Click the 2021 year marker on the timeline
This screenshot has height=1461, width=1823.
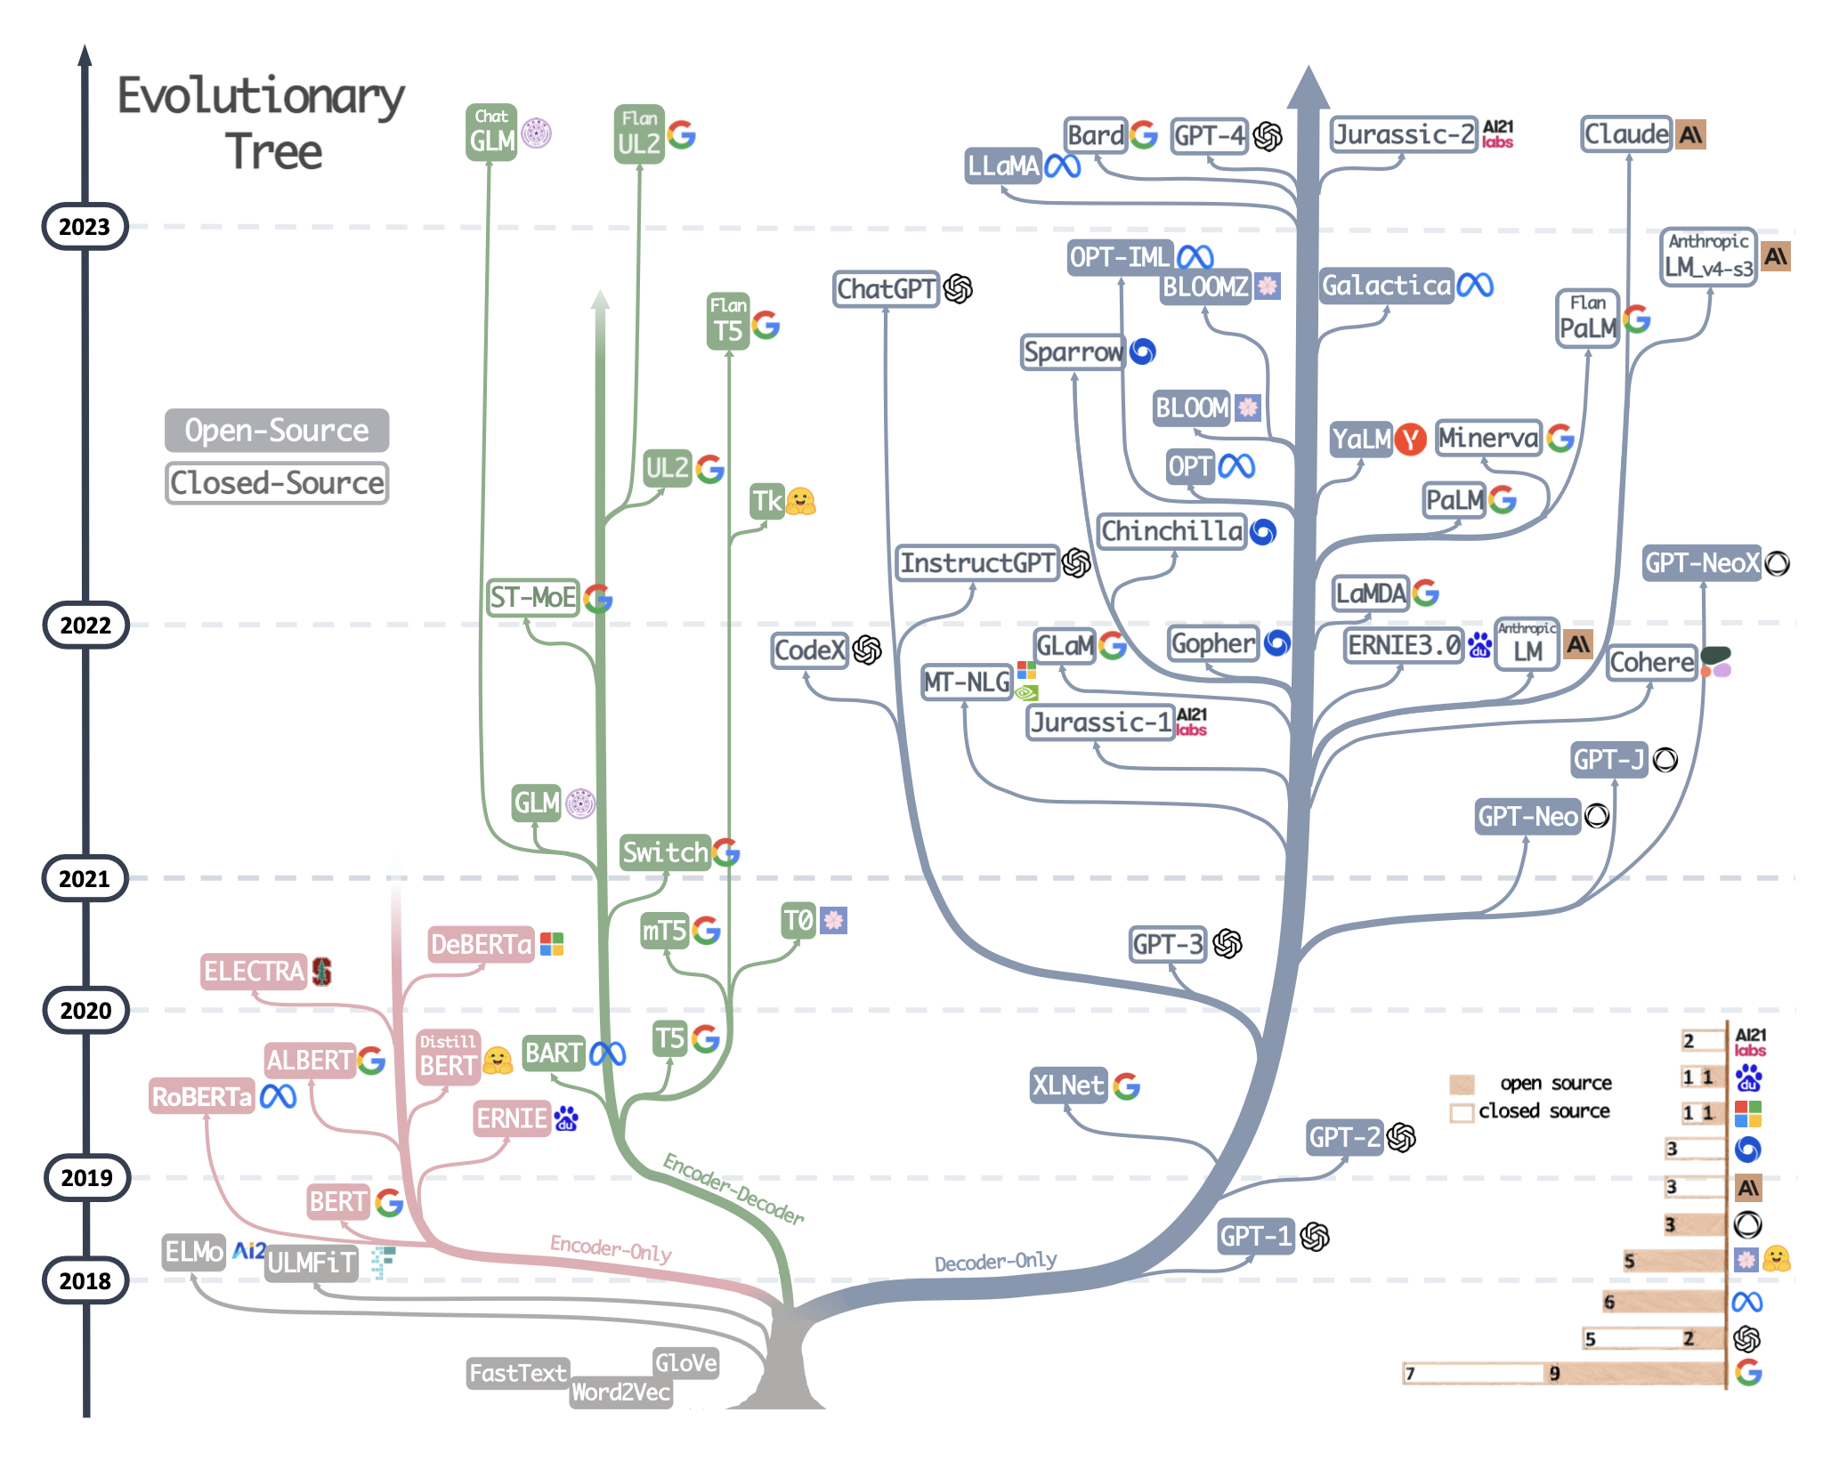coord(85,878)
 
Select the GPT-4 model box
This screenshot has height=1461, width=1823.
coord(1209,135)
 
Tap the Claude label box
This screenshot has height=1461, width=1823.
coord(1626,134)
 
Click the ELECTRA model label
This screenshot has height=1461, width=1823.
coord(254,971)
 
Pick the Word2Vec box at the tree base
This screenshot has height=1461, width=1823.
coord(620,1392)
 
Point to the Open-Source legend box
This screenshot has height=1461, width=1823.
coord(276,431)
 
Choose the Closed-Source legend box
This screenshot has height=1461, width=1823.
coord(276,483)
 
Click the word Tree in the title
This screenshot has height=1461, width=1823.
coord(273,151)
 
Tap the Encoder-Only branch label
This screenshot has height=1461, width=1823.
coord(611,1248)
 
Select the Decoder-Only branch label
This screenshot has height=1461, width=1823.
coord(995,1262)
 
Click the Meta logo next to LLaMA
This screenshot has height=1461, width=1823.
coord(1062,165)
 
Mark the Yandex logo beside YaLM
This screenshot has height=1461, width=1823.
coord(1410,439)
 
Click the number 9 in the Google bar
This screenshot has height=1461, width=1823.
coord(1554,1373)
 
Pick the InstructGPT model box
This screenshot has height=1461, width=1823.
coord(976,563)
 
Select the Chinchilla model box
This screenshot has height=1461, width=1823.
coord(1171,531)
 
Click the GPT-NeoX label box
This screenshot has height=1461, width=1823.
coord(1701,563)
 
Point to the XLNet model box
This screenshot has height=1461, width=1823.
coord(1067,1086)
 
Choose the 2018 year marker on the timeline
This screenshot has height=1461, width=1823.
coord(85,1280)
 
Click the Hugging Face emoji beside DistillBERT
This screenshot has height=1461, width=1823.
coord(498,1060)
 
